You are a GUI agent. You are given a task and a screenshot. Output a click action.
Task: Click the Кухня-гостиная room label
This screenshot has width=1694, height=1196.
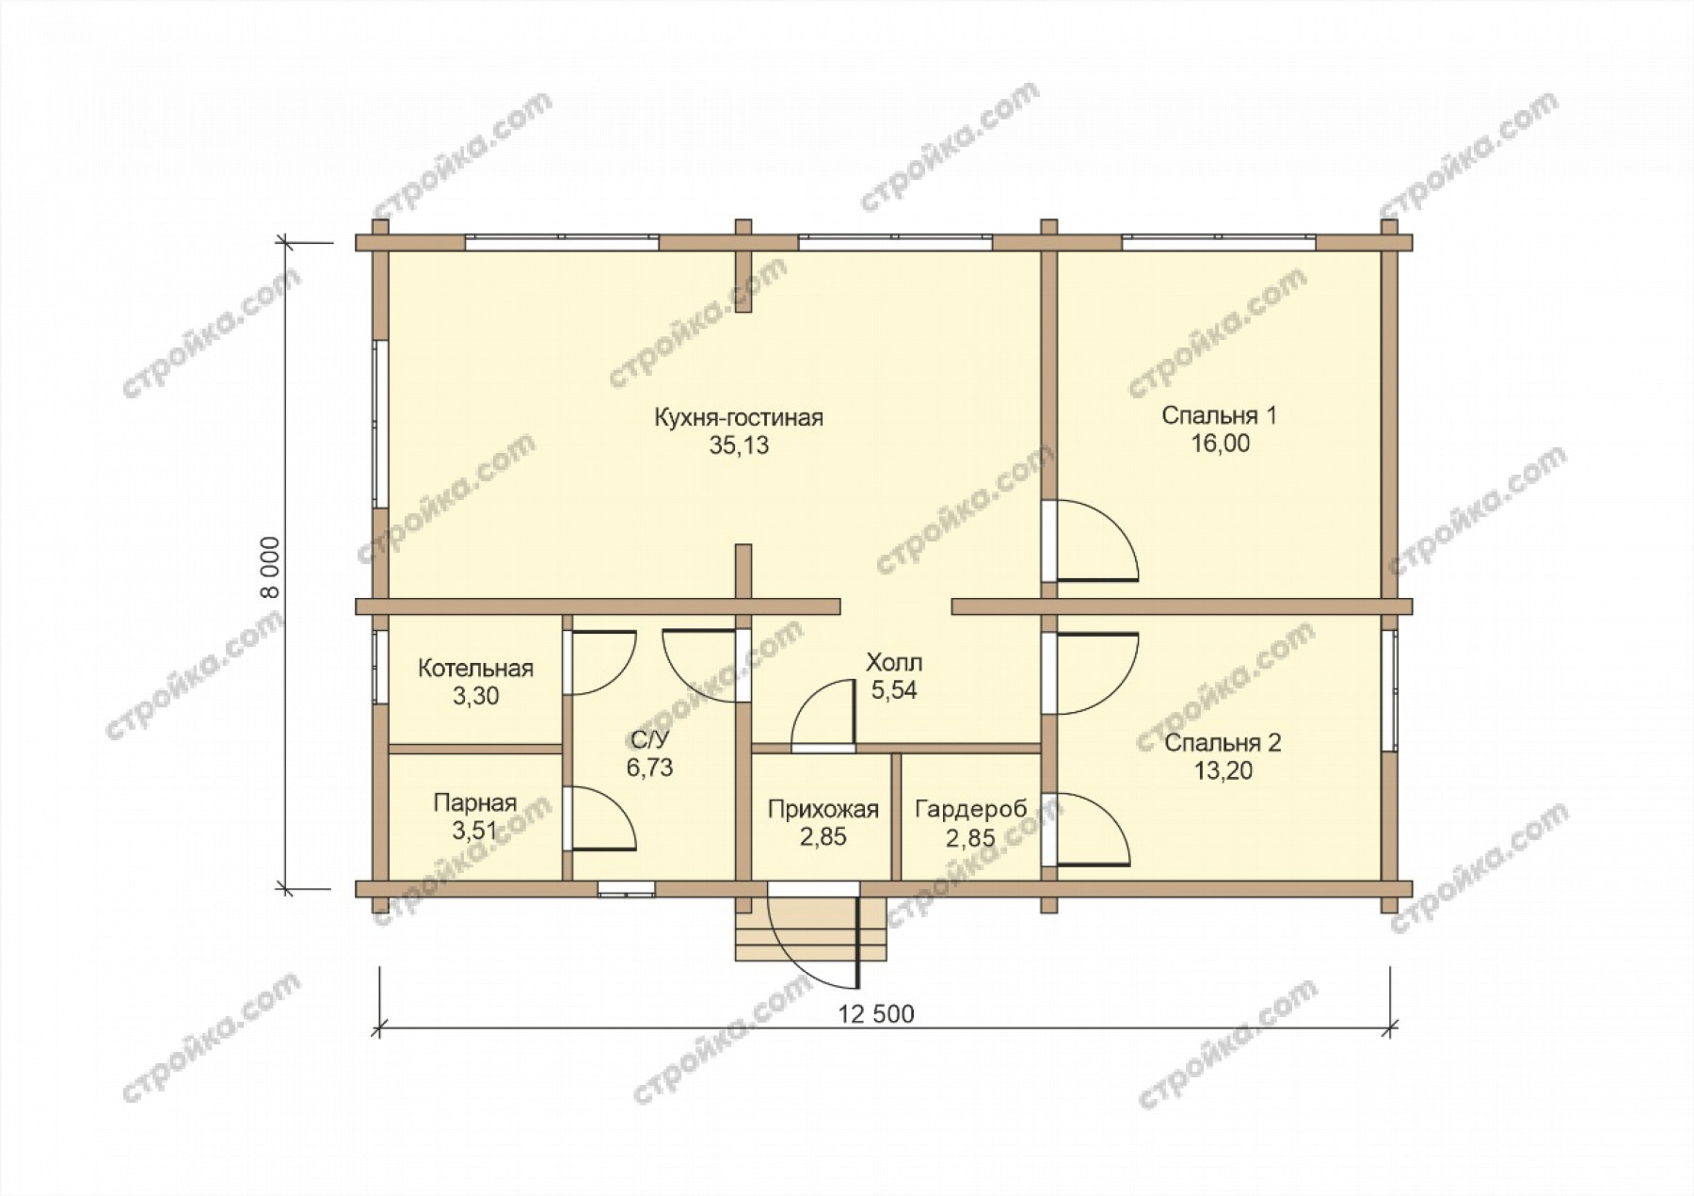tap(739, 417)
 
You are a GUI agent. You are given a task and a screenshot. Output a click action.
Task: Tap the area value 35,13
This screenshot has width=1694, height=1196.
tap(739, 446)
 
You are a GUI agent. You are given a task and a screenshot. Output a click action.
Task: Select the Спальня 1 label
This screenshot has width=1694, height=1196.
tap(1219, 415)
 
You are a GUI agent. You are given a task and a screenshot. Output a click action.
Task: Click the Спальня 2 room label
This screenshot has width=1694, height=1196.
tap(1223, 743)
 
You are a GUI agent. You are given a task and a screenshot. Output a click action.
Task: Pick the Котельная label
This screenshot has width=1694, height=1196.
tap(475, 669)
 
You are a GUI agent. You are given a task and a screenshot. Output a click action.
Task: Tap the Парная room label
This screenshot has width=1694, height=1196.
tap(475, 803)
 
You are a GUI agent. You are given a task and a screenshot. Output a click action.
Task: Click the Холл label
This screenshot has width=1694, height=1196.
tap(894, 662)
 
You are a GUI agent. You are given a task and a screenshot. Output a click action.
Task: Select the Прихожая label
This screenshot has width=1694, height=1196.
tap(823, 809)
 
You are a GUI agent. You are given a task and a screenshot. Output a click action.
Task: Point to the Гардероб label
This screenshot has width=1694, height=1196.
tap(970, 809)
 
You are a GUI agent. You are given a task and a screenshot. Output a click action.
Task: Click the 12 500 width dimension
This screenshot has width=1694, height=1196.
tap(875, 1013)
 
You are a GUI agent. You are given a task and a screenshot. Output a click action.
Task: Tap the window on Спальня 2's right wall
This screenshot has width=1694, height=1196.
tap(1389, 690)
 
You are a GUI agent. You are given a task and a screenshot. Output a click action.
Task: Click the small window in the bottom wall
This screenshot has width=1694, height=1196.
tap(628, 887)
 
